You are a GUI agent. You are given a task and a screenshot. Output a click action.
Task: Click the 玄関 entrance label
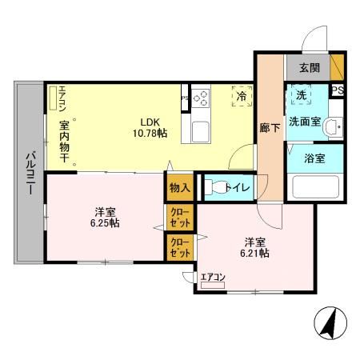(x=309, y=69)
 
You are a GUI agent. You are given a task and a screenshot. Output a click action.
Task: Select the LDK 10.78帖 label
(x=150, y=127)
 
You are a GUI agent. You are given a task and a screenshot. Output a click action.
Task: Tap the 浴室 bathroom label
(x=314, y=158)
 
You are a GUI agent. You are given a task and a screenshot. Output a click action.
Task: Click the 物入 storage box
(x=179, y=187)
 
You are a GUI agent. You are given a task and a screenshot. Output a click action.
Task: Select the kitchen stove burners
(x=200, y=98)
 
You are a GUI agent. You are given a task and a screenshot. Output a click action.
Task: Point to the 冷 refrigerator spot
(x=241, y=96)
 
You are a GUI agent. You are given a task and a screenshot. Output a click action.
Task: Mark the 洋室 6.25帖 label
(x=105, y=217)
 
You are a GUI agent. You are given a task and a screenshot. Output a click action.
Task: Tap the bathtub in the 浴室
(x=314, y=187)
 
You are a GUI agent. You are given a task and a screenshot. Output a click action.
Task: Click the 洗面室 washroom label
(x=306, y=122)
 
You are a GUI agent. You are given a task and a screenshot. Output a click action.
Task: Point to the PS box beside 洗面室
(x=338, y=90)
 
